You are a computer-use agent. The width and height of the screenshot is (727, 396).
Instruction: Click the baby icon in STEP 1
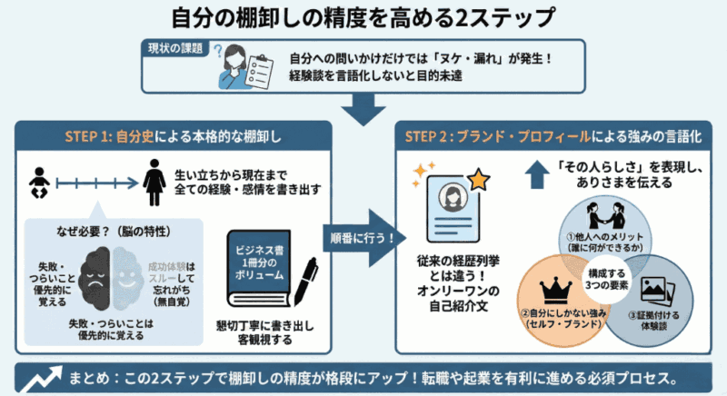37,185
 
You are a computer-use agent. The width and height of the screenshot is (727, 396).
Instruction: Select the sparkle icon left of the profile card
420,173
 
